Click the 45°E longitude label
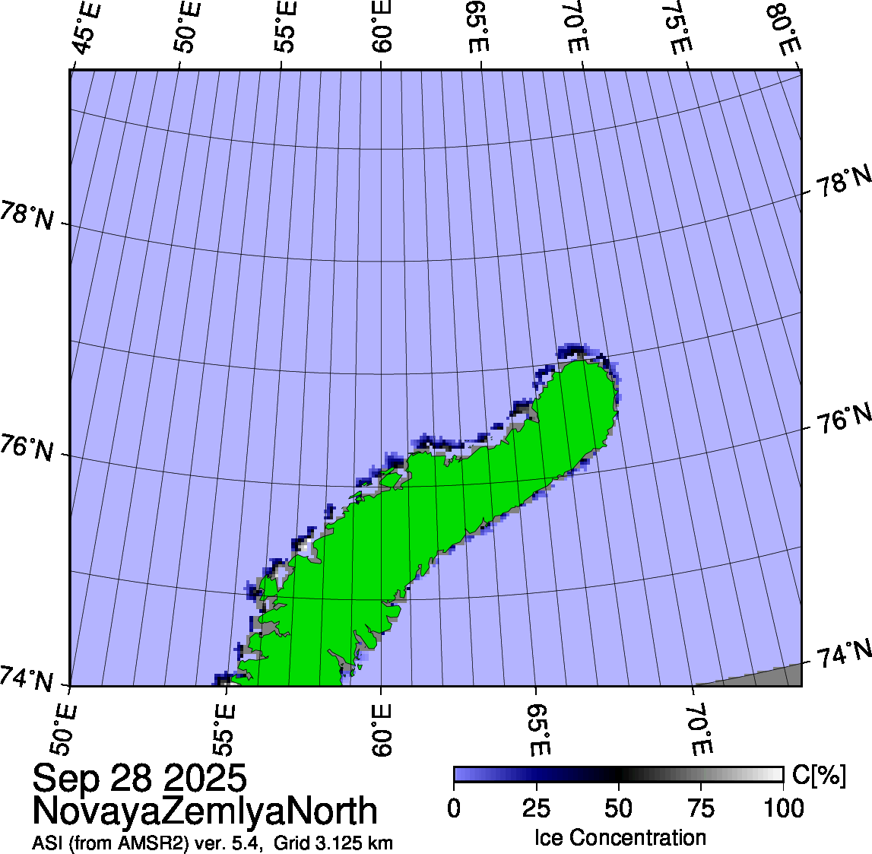point(87,30)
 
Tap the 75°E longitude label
point(675,30)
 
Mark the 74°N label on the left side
point(27,679)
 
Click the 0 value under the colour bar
point(454,808)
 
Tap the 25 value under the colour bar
point(536,808)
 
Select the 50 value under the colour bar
point(618,808)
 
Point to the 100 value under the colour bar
point(783,808)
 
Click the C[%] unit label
point(819,775)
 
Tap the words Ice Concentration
point(620,838)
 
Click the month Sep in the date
point(67,779)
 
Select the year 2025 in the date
point(205,779)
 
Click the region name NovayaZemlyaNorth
point(205,811)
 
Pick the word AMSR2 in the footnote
point(157,843)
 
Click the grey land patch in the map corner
point(768,676)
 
